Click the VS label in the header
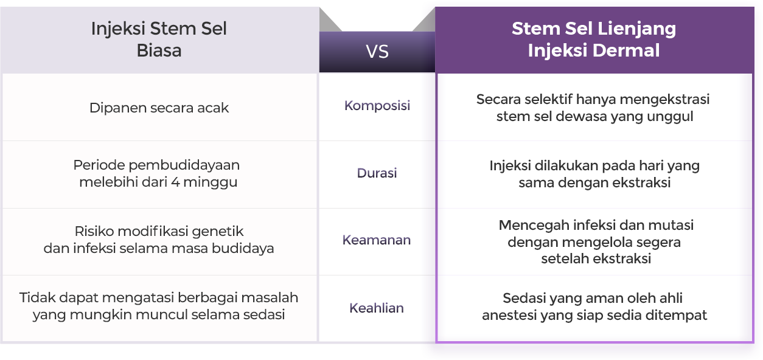point(377,52)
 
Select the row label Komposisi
point(377,106)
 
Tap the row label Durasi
point(377,173)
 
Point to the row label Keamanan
point(377,240)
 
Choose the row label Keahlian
point(377,308)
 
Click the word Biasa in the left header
point(159,50)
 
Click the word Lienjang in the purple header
point(636,29)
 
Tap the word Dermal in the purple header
point(626,50)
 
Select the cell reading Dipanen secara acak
point(159,108)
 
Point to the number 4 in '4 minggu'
point(175,182)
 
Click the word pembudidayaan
point(184,165)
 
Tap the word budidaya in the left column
point(243,249)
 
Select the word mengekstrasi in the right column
point(664,100)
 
